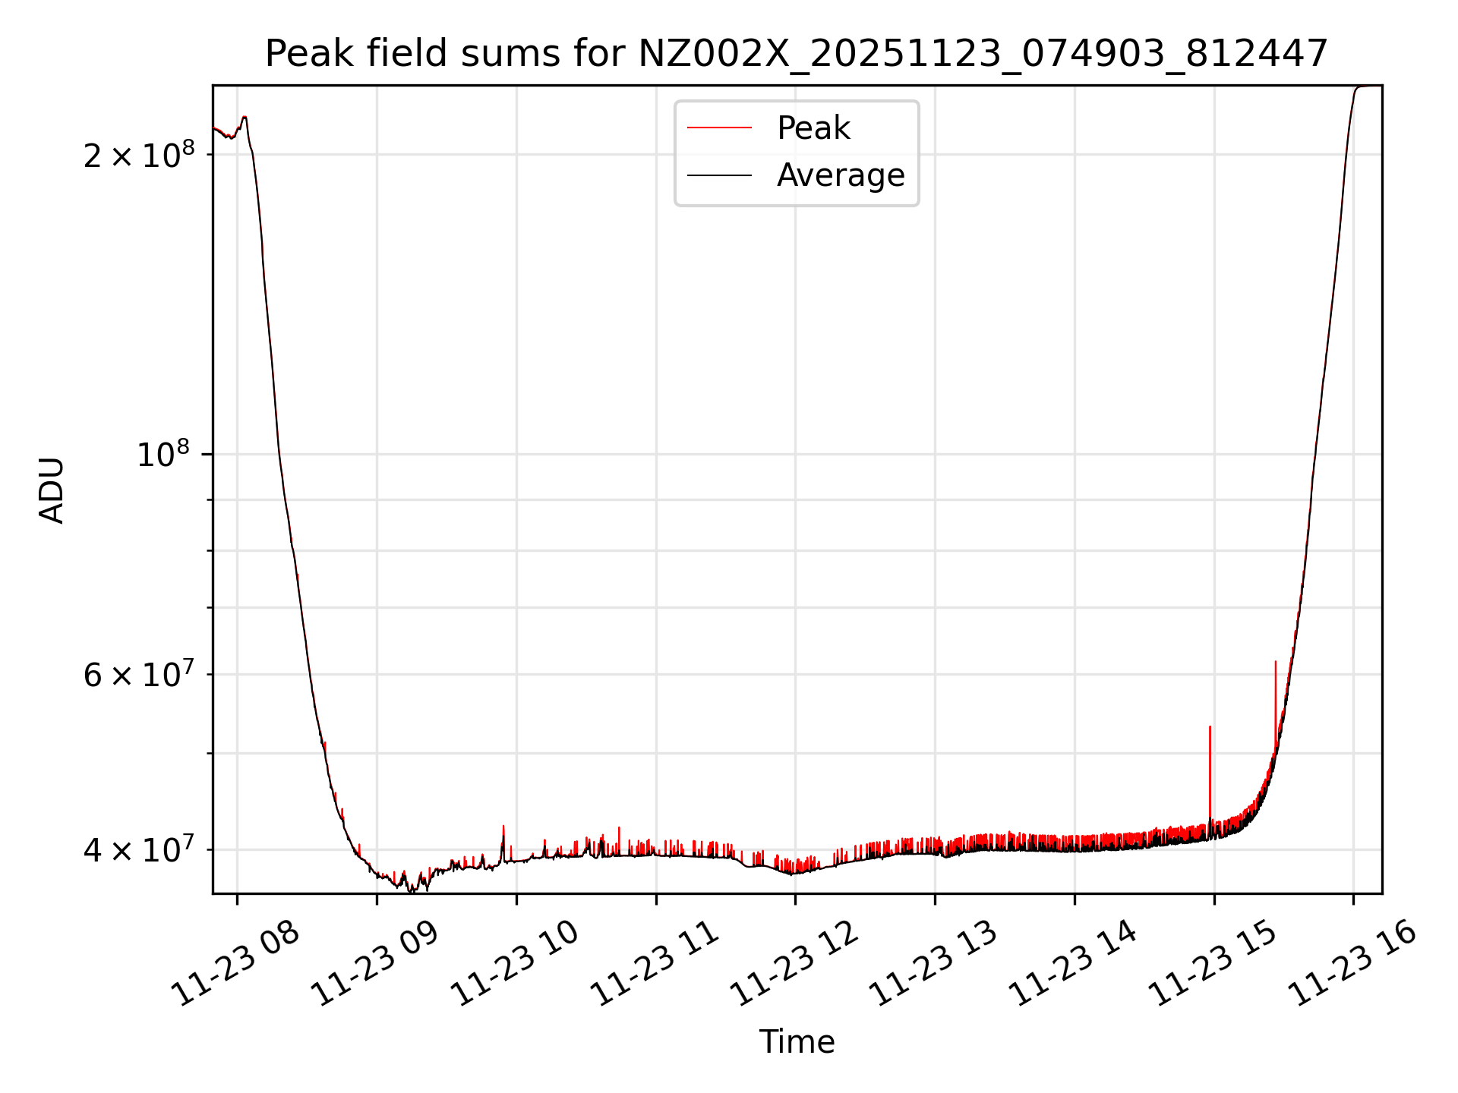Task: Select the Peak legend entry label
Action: (813, 128)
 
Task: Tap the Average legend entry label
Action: (840, 175)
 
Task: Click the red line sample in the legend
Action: (719, 128)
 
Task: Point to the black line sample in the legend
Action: (719, 175)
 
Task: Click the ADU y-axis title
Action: (52, 490)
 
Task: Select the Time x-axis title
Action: (797, 1042)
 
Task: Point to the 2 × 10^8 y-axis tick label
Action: (138, 154)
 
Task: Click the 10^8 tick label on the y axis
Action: (163, 455)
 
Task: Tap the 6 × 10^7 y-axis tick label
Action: (138, 674)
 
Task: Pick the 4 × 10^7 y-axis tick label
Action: (138, 849)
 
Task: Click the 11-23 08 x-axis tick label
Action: (235, 963)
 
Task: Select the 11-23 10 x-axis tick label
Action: (515, 963)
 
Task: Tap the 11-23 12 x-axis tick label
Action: (794, 963)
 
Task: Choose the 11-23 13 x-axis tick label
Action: (933, 963)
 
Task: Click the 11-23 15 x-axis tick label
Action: (1212, 963)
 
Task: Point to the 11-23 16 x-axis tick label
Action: (1352, 963)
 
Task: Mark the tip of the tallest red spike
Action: (1276, 662)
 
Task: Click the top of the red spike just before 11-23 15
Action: (1210, 727)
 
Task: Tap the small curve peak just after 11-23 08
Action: (245, 117)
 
